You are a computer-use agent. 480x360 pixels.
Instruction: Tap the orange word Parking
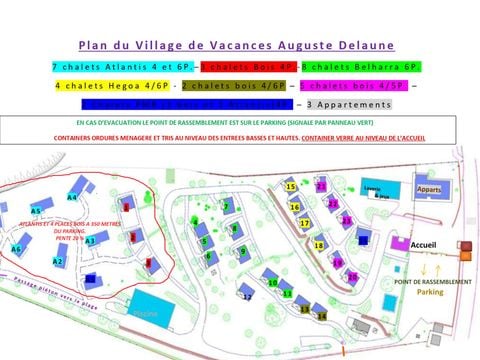[430, 292]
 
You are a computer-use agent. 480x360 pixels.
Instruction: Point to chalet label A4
[72, 197]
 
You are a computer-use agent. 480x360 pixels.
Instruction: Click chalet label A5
[36, 211]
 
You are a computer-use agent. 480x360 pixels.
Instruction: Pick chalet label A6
[17, 249]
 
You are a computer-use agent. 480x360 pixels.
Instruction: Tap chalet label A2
[58, 261]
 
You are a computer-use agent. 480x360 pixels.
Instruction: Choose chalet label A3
[90, 240]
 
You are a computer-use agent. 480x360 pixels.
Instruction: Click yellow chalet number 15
[291, 186]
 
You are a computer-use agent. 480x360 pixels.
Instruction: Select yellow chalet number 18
[319, 245]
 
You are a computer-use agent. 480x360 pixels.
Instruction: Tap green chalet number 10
[273, 283]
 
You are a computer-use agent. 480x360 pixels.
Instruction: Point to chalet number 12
[247, 297]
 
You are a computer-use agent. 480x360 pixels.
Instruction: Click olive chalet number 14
[321, 315]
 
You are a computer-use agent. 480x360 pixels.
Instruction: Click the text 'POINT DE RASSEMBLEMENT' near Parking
[432, 281]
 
